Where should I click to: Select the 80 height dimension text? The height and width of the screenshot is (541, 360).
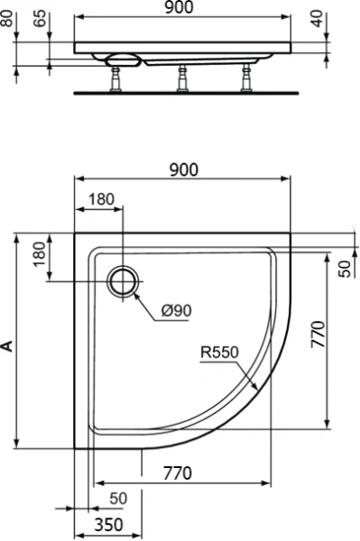(x=9, y=17)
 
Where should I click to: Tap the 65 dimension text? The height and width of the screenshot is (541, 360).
(x=38, y=17)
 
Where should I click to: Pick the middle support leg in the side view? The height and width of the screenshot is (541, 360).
(x=182, y=78)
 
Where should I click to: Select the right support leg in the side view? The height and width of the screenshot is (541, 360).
(x=245, y=78)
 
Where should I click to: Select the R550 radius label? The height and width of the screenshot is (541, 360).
(x=218, y=353)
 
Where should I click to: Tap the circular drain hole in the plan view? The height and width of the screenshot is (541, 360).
(x=122, y=281)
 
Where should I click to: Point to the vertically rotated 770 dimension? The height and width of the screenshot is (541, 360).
(x=341, y=335)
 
